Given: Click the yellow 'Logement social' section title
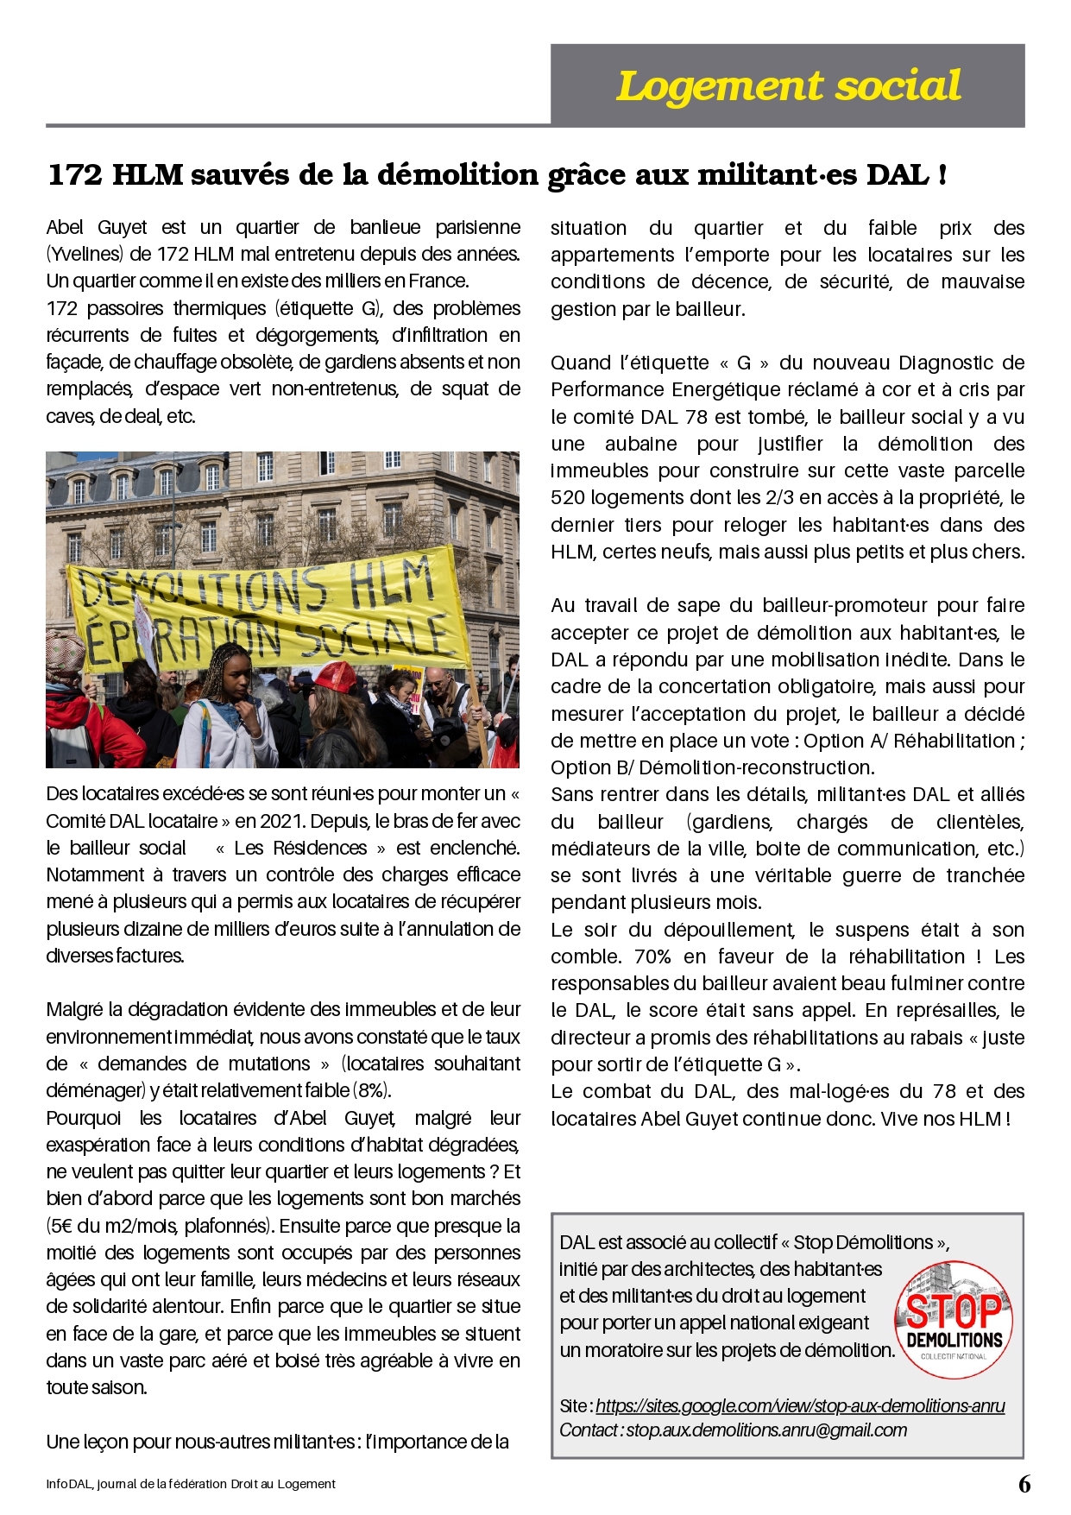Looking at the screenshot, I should point(787,85).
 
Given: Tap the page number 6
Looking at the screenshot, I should point(1024,1484).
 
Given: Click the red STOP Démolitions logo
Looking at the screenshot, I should point(954,1314).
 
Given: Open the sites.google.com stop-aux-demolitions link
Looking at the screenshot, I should point(800,1406).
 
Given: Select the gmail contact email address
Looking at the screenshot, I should point(766,1430).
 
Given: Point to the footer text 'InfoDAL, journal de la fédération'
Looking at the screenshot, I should point(191,1484).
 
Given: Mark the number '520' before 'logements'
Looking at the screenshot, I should point(567,498).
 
